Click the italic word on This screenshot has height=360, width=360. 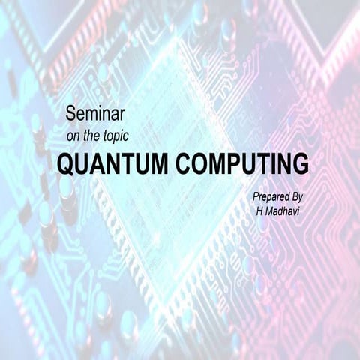73,137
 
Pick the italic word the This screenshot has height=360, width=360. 94,137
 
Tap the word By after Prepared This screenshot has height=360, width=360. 303,196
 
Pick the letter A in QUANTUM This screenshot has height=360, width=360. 100,164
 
